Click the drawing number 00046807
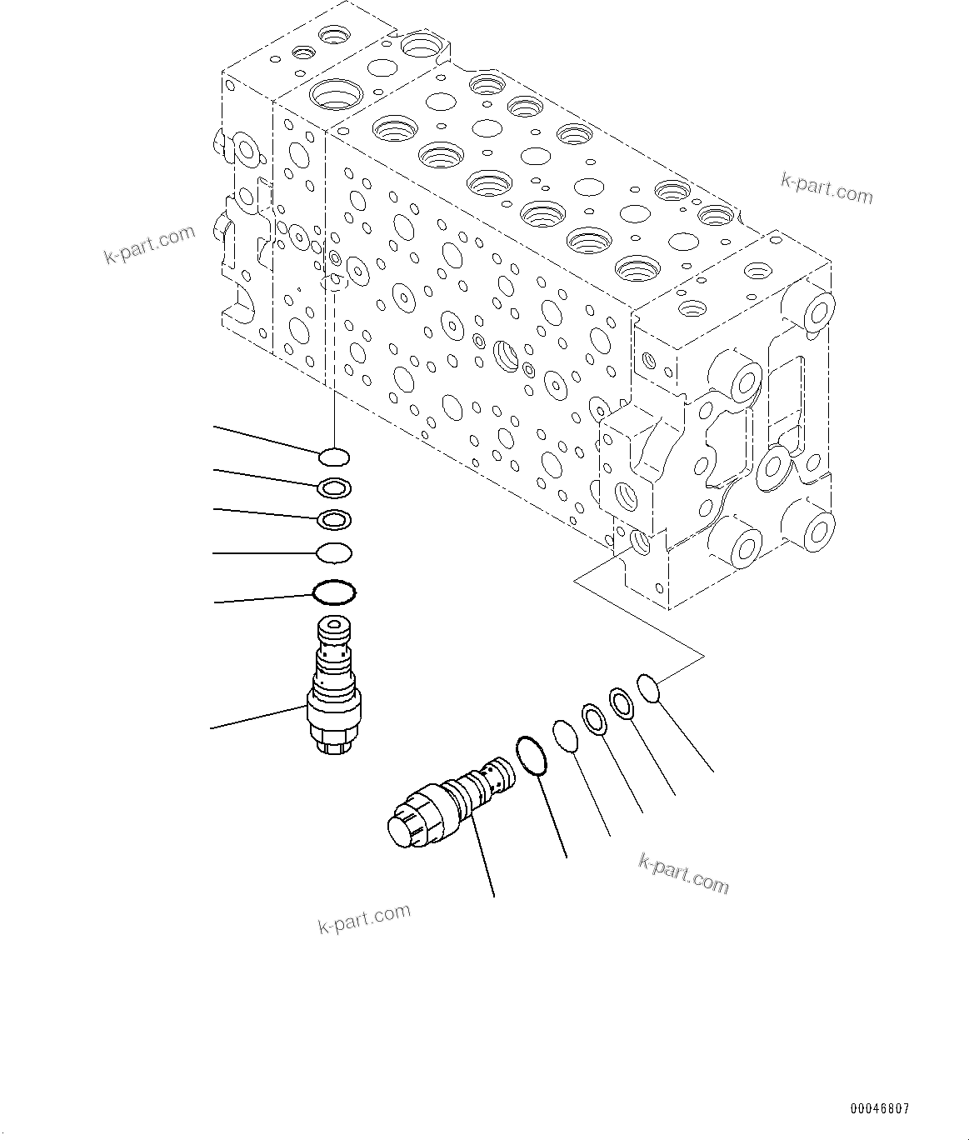tap(879, 1109)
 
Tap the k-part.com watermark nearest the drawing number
tap(683, 872)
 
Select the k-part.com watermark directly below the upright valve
tap(364, 918)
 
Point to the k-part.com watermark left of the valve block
tap(149, 244)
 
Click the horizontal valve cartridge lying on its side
tap(450, 804)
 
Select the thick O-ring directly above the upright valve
tap(334, 593)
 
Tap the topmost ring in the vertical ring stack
tap(334, 457)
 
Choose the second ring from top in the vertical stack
tap(334, 487)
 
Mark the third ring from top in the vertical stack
tap(334, 519)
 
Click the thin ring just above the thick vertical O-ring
tap(334, 552)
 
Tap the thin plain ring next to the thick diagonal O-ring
tap(566, 736)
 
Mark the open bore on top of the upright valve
tap(334, 623)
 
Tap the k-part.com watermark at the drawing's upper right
tap(827, 189)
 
